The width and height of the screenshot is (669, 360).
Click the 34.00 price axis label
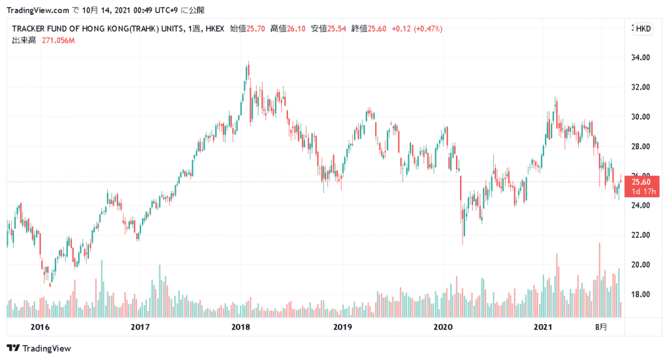(641, 57)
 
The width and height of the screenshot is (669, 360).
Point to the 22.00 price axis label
(641, 235)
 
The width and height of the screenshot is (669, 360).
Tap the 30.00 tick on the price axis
(641, 117)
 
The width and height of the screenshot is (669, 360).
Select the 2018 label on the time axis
(241, 327)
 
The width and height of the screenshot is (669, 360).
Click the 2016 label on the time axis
(41, 327)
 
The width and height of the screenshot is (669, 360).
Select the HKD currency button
(644, 29)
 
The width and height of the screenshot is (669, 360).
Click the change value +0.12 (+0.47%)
(417, 29)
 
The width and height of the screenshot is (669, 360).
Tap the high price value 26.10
(297, 29)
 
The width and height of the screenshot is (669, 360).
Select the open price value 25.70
(257, 29)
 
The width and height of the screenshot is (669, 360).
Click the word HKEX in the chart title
(215, 29)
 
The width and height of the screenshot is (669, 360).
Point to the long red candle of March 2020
(461, 189)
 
